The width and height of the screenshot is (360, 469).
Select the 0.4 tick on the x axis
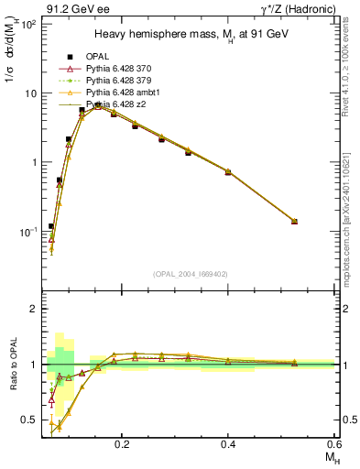(x=228, y=442)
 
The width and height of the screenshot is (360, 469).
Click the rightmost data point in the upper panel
(x=294, y=221)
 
